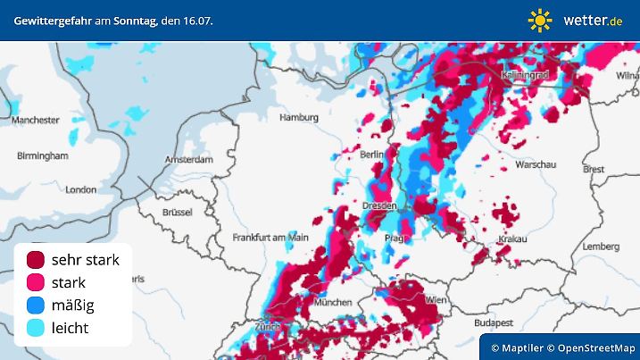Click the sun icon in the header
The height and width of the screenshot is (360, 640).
tap(540, 20)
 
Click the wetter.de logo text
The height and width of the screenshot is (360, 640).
tap(593, 20)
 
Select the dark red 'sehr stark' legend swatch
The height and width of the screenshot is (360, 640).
tap(37, 260)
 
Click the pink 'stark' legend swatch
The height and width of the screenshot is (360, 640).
tap(37, 282)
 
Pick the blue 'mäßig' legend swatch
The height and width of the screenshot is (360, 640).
tap(37, 306)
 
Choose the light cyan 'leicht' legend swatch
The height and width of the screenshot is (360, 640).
tap(37, 328)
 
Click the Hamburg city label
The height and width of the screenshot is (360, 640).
tap(299, 117)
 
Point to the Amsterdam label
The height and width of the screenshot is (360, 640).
tap(188, 160)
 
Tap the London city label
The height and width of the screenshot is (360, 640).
tap(80, 189)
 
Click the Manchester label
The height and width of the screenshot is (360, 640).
tap(36, 120)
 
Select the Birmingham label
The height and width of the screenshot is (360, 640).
tap(42, 155)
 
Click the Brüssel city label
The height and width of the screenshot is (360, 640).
tap(178, 212)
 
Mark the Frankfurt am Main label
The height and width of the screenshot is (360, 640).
tap(270, 238)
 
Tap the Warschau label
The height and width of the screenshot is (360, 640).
tap(536, 165)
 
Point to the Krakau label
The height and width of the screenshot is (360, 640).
tap(512, 239)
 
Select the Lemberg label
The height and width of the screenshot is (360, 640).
tap(599, 246)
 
